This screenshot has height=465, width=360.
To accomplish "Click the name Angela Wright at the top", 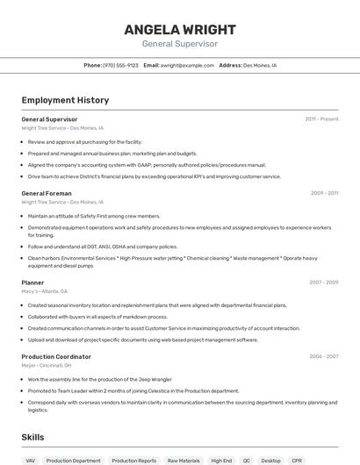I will tap(179, 27).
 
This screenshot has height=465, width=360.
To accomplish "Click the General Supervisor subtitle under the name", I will tap(179, 43).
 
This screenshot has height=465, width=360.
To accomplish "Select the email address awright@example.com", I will tap(187, 65).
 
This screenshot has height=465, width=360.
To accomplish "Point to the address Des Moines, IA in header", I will tap(259, 65).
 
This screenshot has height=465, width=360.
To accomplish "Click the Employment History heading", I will tap(65, 100).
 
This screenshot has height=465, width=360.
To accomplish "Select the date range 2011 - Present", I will tap(321, 118).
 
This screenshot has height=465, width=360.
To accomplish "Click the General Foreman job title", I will tap(47, 193).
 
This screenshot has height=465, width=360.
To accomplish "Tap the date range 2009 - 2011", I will tap(324, 193).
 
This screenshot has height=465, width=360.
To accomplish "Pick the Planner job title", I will tap(32, 283).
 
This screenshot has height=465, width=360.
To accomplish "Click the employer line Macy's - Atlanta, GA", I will tap(44, 291).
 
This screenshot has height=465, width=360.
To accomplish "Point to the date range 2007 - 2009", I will tap(324, 283).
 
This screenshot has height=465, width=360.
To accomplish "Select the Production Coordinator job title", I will tap(56, 356).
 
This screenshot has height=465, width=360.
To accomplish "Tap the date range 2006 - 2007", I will tap(324, 356).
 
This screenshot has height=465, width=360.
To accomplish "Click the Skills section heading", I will tap(32, 437).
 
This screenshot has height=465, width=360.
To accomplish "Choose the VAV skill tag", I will tap(31, 460).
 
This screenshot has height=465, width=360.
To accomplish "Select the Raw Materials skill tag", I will tap(184, 460).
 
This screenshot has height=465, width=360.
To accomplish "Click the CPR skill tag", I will tap(297, 460).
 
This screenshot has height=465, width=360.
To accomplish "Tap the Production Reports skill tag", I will tap(133, 460).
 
